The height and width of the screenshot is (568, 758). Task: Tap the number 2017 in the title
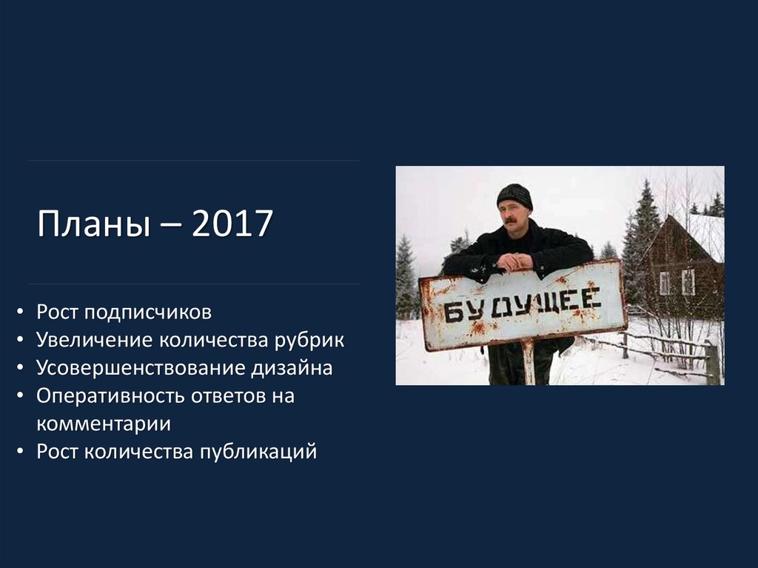[232, 224]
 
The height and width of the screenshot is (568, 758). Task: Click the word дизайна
[291, 368]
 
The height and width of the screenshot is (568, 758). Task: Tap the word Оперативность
[111, 396]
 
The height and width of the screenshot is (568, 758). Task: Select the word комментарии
[104, 424]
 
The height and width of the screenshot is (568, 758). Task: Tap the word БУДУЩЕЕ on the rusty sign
[523, 304]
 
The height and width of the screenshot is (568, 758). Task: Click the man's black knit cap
[514, 195]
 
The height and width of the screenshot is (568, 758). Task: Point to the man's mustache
[510, 220]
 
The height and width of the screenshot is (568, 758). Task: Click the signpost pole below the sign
[528, 362]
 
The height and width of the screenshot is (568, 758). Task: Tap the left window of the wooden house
[664, 282]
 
